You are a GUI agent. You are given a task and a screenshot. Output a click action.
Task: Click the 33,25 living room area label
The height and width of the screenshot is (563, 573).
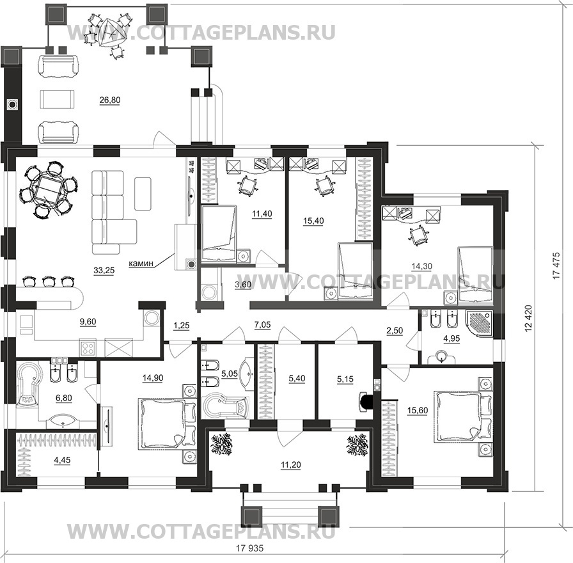[104, 271]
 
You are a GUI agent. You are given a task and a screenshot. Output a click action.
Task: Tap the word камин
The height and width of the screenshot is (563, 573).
[141, 263]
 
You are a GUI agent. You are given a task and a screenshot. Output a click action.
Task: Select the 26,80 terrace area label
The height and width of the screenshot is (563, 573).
[109, 100]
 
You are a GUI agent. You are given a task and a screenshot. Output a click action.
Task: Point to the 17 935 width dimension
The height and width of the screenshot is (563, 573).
[250, 548]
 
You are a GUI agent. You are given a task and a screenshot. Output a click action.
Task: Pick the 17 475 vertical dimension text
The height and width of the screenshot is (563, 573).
[556, 266]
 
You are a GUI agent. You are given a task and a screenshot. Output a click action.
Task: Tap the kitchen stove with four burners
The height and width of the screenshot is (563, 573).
[88, 347]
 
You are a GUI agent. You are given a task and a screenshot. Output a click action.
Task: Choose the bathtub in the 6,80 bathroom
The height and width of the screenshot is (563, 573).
[27, 383]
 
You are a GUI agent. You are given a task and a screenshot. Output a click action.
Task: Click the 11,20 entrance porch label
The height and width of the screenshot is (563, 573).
[291, 465]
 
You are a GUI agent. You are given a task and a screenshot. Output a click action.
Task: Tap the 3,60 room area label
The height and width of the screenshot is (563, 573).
[243, 285]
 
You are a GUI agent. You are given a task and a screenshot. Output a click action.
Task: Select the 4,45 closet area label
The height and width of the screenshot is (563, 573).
[62, 460]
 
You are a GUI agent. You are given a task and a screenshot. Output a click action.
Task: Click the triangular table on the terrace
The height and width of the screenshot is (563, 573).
[111, 31]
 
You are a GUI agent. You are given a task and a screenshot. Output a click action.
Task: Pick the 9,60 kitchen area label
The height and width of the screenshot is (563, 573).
[88, 322]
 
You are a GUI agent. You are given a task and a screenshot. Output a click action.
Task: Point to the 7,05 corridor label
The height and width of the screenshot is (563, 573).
[262, 324]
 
